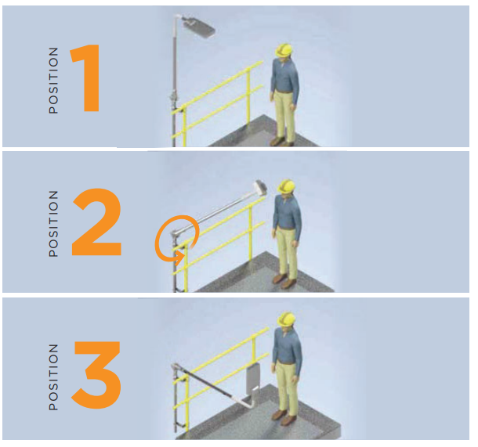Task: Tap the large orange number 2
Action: tap(96, 222)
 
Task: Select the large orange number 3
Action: tap(97, 374)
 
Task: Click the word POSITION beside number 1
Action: tap(53, 81)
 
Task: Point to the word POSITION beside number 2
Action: tap(53, 224)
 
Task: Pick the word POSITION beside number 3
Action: tap(53, 377)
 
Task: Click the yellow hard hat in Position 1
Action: tap(284, 50)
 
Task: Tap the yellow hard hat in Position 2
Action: tap(286, 186)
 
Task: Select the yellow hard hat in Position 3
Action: tap(287, 319)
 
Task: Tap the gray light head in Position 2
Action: tap(260, 187)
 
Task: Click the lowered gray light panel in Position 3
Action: tap(253, 377)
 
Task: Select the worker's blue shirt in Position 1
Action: tap(285, 76)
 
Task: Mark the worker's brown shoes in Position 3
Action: tap(284, 416)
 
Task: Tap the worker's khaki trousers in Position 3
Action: tap(287, 387)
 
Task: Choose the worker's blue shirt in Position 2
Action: tap(287, 212)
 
